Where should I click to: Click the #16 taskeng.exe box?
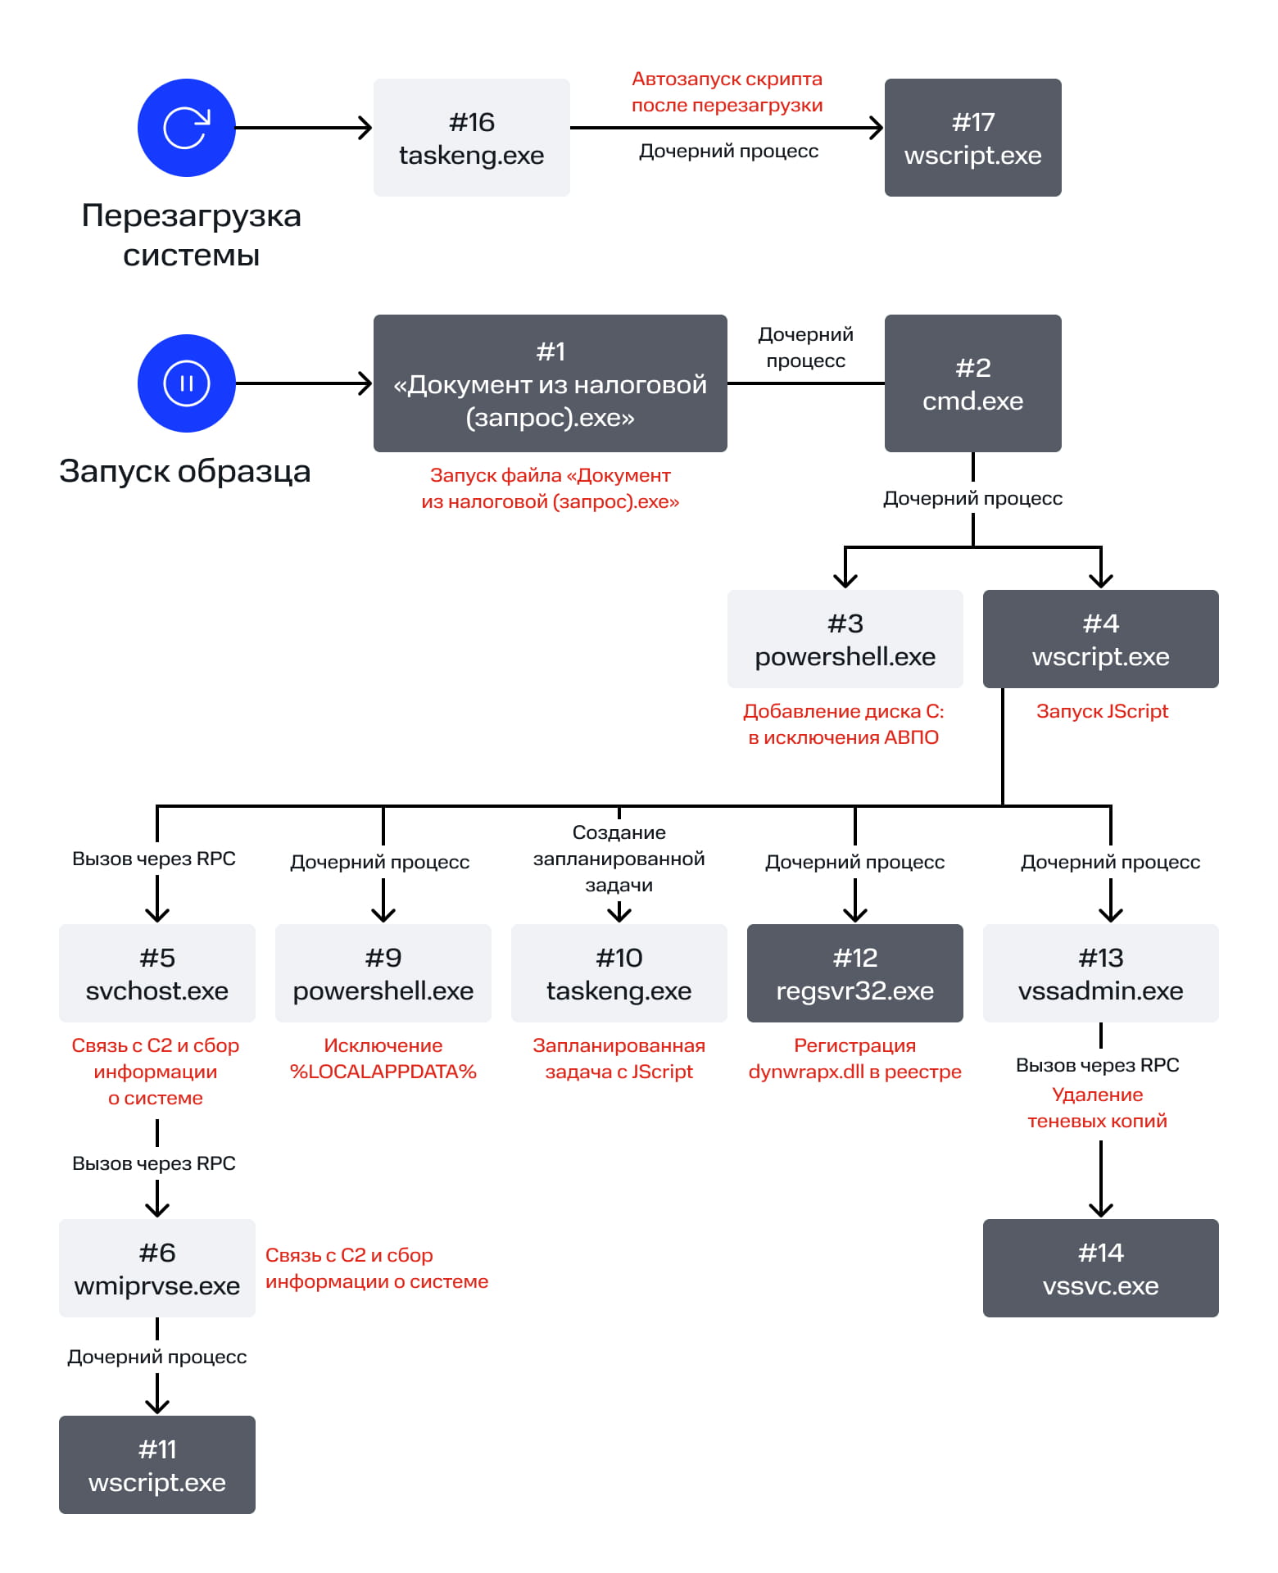pos(471,138)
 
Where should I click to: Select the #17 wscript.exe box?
pos(972,138)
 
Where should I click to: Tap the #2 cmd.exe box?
pos(972,383)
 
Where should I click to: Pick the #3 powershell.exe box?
pos(845,639)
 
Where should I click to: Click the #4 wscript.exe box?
pos(1100,639)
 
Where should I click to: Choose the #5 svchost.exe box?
pos(156,973)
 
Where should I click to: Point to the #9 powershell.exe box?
pos(383,973)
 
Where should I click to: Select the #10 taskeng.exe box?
pos(619,973)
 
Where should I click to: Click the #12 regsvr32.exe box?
pos(854,973)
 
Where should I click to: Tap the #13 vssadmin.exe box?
pos(1100,973)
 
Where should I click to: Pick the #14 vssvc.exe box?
pos(1100,1268)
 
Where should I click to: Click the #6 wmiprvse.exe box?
pos(156,1268)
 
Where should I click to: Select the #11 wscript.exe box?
pos(156,1465)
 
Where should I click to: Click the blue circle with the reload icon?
pos(186,128)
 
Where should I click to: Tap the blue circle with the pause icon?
pos(186,383)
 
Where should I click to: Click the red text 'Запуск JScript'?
pos(1102,711)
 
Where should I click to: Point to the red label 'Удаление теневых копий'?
pos(1097,1108)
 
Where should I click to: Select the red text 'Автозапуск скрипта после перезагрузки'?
pos(727,92)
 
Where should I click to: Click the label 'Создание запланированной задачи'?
pos(619,859)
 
